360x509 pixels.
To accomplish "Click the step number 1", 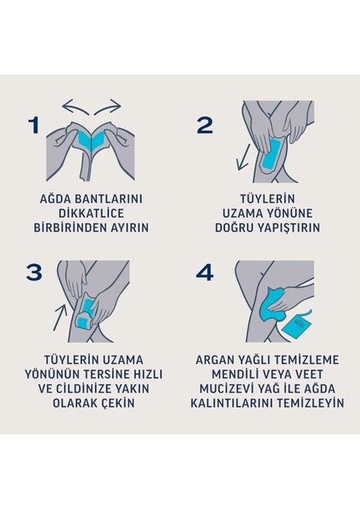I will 33,126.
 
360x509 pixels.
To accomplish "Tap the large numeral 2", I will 204,125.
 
